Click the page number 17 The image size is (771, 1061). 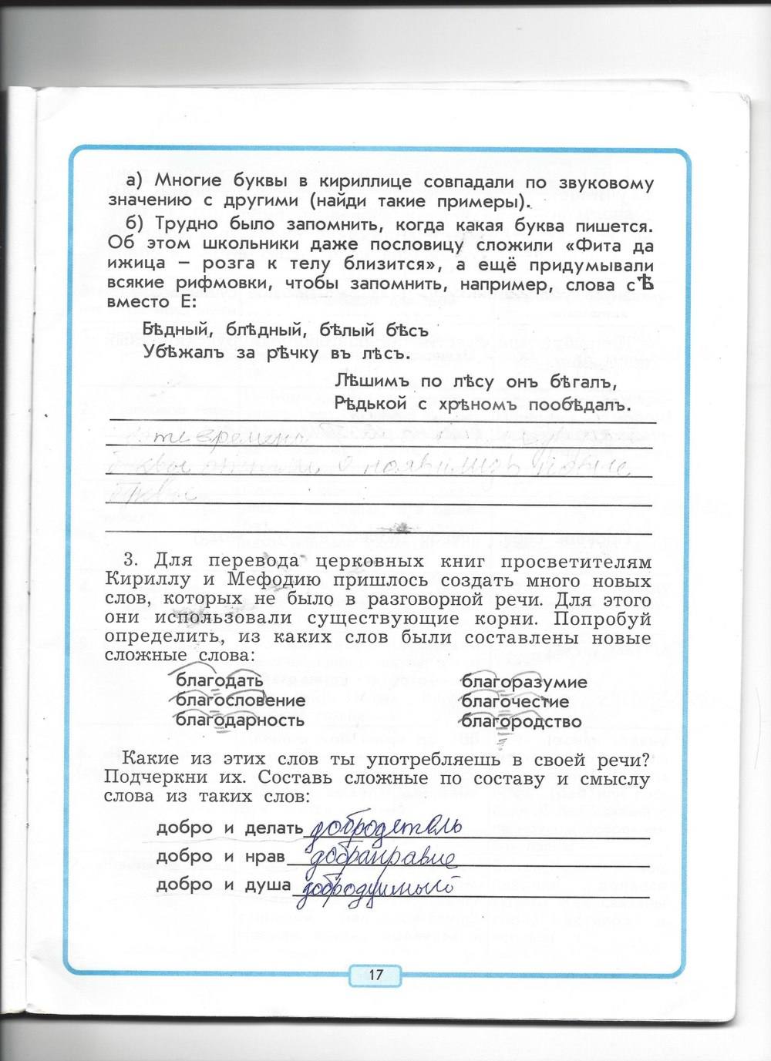click(375, 975)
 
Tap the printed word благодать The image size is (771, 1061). click(220, 680)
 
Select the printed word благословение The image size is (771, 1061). click(241, 700)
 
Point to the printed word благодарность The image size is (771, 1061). click(240, 720)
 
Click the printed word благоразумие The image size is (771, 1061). click(524, 682)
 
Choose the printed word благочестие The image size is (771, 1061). click(515, 702)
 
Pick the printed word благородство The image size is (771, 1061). click(521, 722)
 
